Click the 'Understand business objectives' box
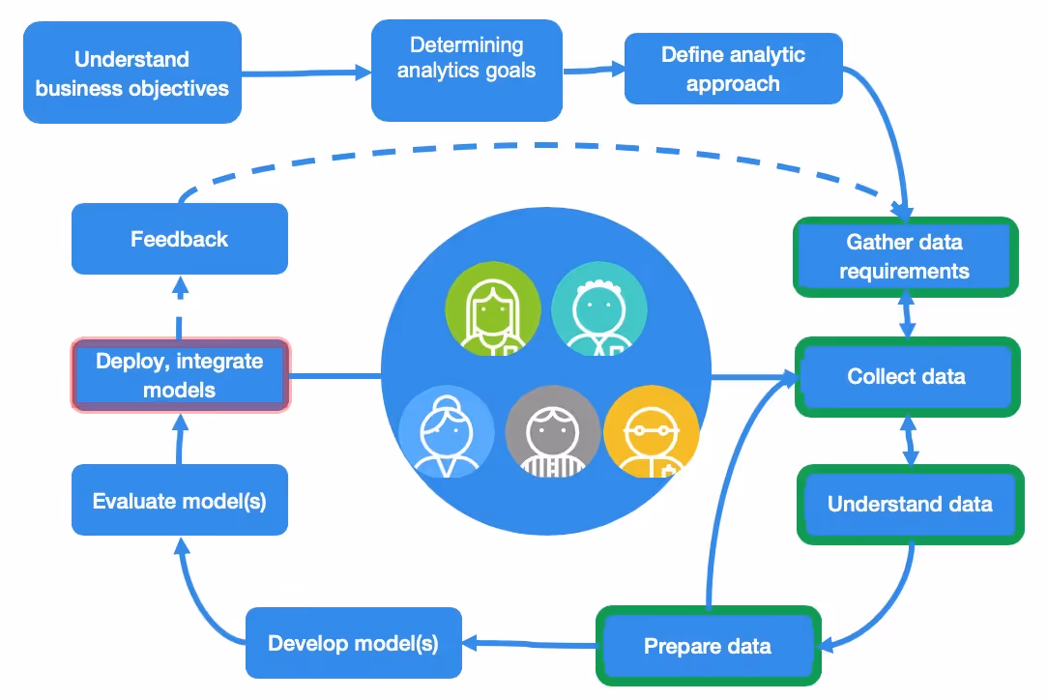(x=132, y=73)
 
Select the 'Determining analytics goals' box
(x=466, y=71)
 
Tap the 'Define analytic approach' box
(x=733, y=69)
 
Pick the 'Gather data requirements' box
(x=905, y=256)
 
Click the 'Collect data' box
(x=907, y=377)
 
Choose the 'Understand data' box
(x=910, y=505)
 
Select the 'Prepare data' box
(x=708, y=646)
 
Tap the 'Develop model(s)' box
(x=353, y=643)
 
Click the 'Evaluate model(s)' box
(x=180, y=501)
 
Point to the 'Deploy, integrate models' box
(x=180, y=375)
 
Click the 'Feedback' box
(x=180, y=239)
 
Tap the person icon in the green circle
(x=493, y=308)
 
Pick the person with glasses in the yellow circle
(x=651, y=432)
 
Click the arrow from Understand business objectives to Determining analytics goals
(x=306, y=72)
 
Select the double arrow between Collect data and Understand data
(x=909, y=441)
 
